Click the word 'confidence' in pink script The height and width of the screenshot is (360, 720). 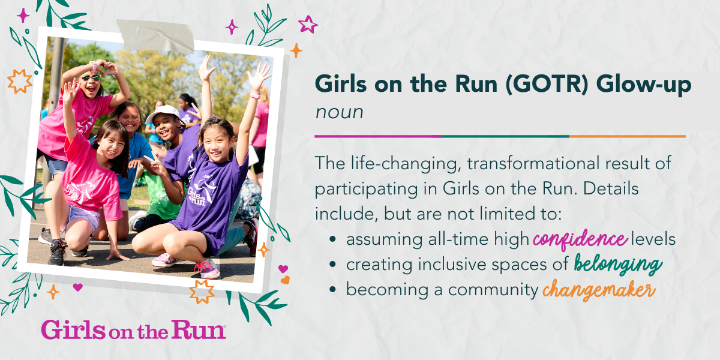(x=580, y=239)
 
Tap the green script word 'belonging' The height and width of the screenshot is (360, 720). (x=618, y=264)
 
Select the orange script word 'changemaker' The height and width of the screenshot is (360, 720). (x=599, y=290)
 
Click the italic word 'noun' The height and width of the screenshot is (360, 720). (x=339, y=113)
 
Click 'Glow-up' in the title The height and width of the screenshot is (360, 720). (x=643, y=85)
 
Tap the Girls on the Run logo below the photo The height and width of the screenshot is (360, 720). (x=133, y=329)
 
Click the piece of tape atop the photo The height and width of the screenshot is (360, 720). (x=155, y=35)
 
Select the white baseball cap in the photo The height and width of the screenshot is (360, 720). (x=163, y=113)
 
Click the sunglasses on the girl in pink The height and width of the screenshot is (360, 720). (x=91, y=77)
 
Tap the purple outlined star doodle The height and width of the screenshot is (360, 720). (x=308, y=25)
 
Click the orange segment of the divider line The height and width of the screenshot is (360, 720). (x=627, y=136)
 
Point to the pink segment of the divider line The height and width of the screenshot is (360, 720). (x=378, y=136)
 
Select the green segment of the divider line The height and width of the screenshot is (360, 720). (x=505, y=136)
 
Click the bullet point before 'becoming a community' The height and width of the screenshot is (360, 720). (x=332, y=289)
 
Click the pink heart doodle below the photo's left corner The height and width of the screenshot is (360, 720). (x=78, y=287)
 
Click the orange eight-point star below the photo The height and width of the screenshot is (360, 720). (x=202, y=292)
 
